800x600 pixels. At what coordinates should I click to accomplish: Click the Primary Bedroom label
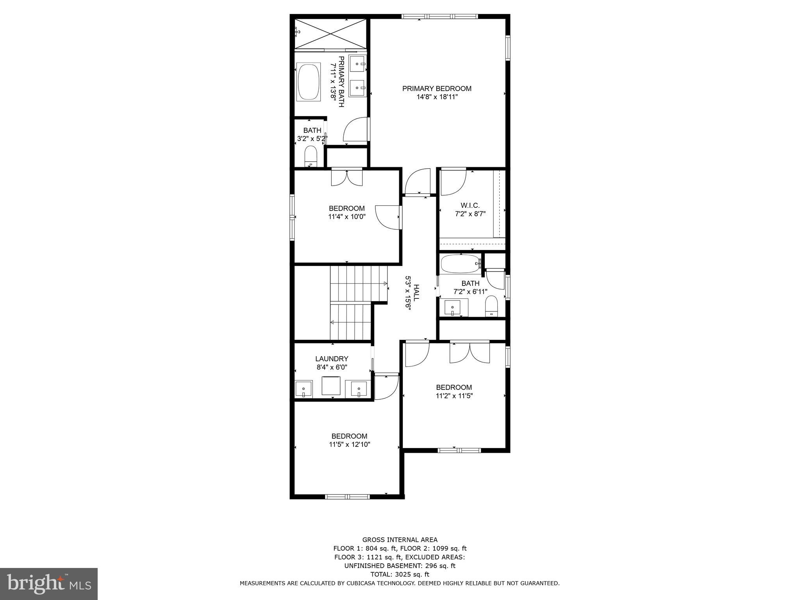pyautogui.click(x=437, y=89)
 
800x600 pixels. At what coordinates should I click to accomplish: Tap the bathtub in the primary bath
pyautogui.click(x=309, y=82)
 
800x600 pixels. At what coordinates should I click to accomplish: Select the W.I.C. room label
pyautogui.click(x=470, y=205)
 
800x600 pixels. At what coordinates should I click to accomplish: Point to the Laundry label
pyautogui.click(x=332, y=359)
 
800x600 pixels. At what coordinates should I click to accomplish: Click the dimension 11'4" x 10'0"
pyautogui.click(x=346, y=217)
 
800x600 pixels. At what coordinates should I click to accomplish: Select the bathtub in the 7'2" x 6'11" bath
pyautogui.click(x=460, y=264)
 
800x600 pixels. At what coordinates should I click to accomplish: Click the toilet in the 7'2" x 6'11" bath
pyautogui.click(x=491, y=306)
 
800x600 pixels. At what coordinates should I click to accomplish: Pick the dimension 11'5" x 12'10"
pyautogui.click(x=349, y=444)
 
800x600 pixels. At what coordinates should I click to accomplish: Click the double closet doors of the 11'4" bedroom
pyautogui.click(x=347, y=177)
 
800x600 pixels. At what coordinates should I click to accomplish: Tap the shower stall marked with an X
pyautogui.click(x=330, y=34)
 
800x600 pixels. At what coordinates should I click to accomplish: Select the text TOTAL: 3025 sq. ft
pyautogui.click(x=400, y=574)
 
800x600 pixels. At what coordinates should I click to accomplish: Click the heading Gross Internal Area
pyautogui.click(x=400, y=540)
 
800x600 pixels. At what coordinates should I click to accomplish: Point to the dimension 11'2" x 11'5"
pyautogui.click(x=454, y=395)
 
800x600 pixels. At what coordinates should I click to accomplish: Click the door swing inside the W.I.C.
pyautogui.click(x=453, y=182)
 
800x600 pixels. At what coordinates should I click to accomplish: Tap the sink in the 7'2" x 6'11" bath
pyautogui.click(x=453, y=308)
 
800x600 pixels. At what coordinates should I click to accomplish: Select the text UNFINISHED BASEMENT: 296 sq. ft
pyautogui.click(x=400, y=566)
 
